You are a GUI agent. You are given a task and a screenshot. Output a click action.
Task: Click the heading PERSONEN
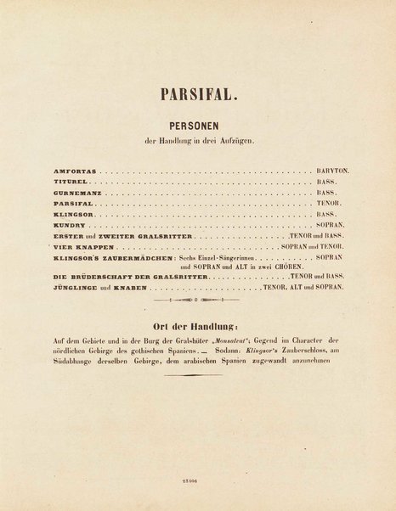point(198,123)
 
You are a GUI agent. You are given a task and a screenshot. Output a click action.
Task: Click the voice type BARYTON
point(327,170)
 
